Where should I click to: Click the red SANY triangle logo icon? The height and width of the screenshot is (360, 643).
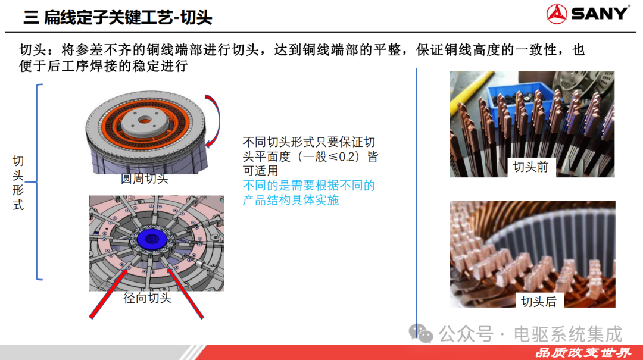[557, 14]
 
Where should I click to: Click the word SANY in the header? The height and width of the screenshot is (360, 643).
[599, 14]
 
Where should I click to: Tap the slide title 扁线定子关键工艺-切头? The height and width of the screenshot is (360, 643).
[128, 17]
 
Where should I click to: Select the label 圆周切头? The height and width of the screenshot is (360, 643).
[144, 179]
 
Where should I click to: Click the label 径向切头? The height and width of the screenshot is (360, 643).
[147, 298]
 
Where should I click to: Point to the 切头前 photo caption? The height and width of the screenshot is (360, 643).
[530, 167]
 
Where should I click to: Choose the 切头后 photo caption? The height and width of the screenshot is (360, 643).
[539, 302]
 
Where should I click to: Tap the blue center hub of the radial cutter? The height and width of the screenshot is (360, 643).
[151, 239]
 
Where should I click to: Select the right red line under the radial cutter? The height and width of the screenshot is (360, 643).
[186, 293]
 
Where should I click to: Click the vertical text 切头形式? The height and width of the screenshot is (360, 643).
[18, 183]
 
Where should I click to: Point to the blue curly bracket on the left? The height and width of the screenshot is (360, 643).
[38, 182]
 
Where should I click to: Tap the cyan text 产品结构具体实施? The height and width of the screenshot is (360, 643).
[291, 200]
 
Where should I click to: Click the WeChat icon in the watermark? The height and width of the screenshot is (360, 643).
[421, 333]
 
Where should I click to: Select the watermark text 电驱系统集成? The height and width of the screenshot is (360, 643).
[568, 334]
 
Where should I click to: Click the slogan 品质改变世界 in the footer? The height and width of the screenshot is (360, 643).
[583, 353]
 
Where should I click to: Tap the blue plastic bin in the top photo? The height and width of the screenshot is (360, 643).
[517, 97]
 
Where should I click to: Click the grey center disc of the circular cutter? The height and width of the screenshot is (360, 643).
[145, 121]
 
